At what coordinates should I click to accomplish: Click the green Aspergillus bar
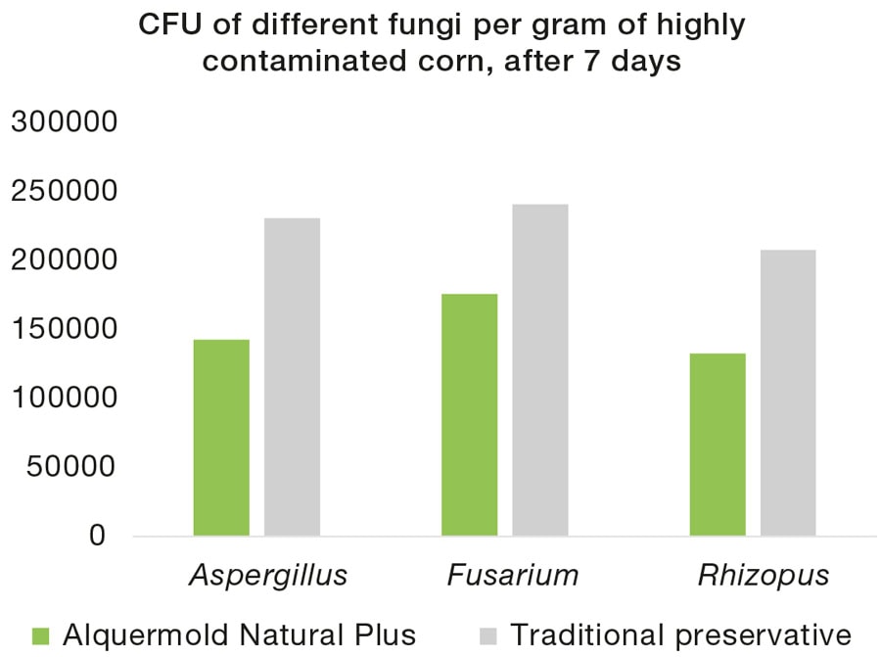pyautogui.click(x=221, y=438)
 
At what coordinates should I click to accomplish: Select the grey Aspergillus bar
pyautogui.click(x=292, y=377)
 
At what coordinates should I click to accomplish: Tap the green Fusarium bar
pyautogui.click(x=469, y=415)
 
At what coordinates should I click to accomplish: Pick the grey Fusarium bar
pyautogui.click(x=539, y=370)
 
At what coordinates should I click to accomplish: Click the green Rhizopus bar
pyautogui.click(x=718, y=445)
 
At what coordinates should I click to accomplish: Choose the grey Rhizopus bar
pyautogui.click(x=788, y=393)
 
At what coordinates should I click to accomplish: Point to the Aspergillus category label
pyautogui.click(x=267, y=576)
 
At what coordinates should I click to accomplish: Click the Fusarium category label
pyautogui.click(x=513, y=575)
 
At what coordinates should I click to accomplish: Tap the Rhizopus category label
pyautogui.click(x=764, y=576)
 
